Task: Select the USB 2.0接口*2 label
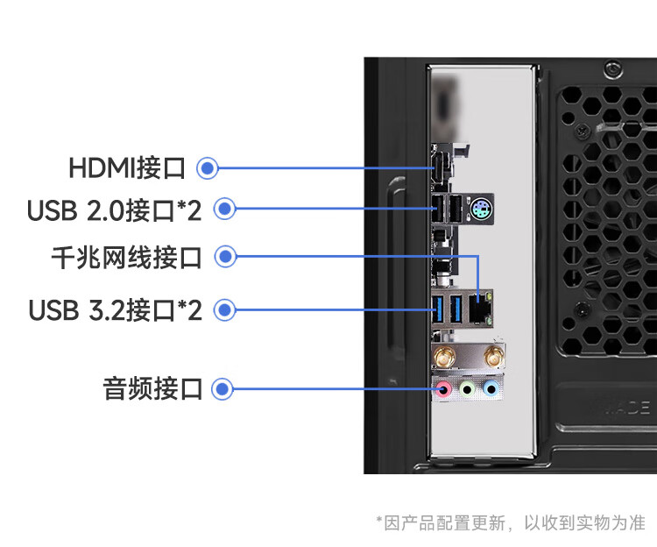click(x=114, y=210)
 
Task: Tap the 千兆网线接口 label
click(x=126, y=258)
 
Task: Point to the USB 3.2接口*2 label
click(x=115, y=310)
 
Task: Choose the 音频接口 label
click(x=152, y=388)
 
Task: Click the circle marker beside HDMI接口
click(x=208, y=167)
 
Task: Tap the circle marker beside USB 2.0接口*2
click(x=225, y=210)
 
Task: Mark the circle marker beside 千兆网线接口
click(x=225, y=257)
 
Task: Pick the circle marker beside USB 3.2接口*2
click(x=225, y=309)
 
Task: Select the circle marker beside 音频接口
click(x=223, y=388)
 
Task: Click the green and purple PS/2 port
click(x=480, y=210)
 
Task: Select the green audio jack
click(x=468, y=389)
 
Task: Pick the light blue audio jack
click(x=491, y=389)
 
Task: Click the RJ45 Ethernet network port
click(x=479, y=308)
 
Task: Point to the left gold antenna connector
click(x=442, y=356)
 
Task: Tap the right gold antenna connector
click(x=492, y=356)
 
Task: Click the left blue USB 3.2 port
click(x=439, y=308)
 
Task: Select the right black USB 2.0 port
click(x=455, y=210)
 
